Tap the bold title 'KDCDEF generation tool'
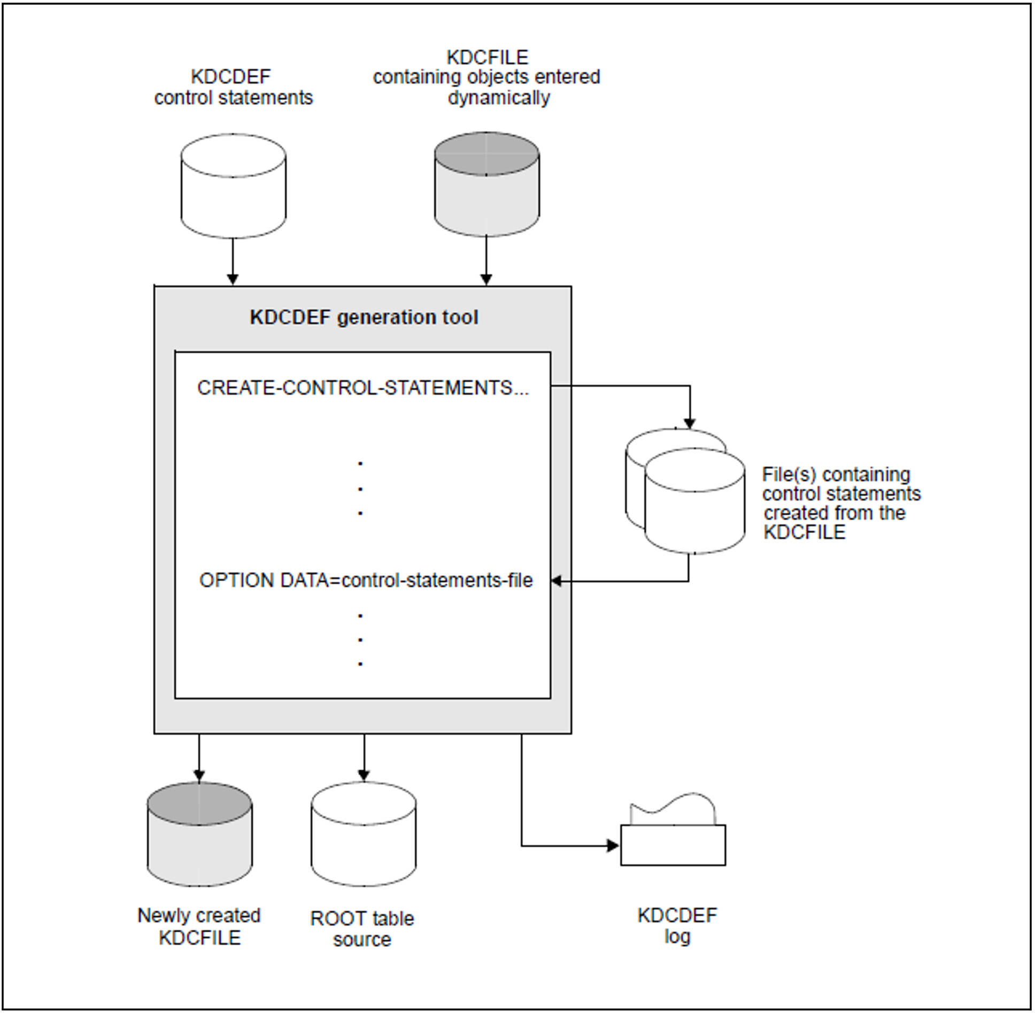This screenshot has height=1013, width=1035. click(x=364, y=318)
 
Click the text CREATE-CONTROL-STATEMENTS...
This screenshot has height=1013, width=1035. click(x=362, y=388)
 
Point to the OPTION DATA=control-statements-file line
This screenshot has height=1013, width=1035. click(x=366, y=580)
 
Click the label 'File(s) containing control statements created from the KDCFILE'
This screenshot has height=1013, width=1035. click(x=841, y=503)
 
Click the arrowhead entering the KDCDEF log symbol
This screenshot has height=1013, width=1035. click(x=613, y=846)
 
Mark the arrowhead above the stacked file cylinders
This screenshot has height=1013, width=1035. click(x=690, y=423)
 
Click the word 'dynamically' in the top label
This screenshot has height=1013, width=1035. click(x=498, y=98)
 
